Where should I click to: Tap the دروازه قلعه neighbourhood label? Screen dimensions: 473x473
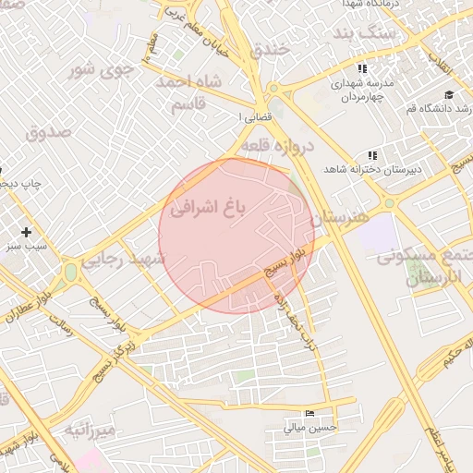(279, 146)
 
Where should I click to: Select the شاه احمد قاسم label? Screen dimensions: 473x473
(190, 94)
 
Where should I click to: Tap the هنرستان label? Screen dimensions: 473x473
(339, 218)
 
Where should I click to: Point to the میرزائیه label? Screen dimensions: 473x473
(90, 430)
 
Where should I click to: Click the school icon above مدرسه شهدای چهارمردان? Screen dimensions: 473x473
(363, 68)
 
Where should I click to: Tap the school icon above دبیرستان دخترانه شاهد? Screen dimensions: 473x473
(371, 155)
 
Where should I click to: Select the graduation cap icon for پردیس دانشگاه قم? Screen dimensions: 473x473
(449, 94)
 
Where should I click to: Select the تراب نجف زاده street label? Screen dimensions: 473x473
(288, 316)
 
